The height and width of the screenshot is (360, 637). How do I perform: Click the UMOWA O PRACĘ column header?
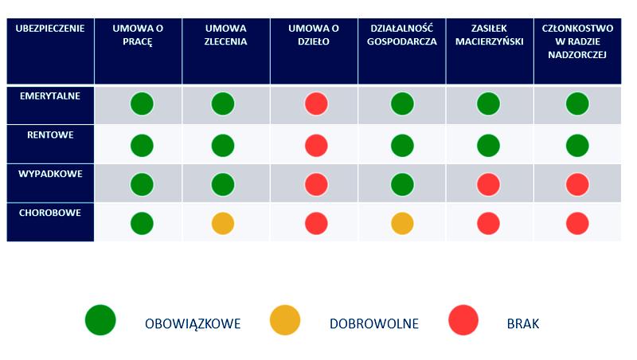click(138, 35)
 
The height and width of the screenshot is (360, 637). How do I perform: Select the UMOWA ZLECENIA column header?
click(225, 35)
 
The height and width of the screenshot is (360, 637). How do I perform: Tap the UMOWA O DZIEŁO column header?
click(315, 35)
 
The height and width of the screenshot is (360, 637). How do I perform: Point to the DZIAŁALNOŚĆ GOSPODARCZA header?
click(402, 35)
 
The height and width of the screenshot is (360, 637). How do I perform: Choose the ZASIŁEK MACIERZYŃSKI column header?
click(489, 35)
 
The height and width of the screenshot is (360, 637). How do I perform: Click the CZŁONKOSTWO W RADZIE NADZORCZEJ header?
click(577, 41)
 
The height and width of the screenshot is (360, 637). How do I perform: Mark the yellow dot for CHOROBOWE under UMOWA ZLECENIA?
click(223, 223)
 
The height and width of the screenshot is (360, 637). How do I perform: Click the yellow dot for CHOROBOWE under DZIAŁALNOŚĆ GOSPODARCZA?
click(402, 223)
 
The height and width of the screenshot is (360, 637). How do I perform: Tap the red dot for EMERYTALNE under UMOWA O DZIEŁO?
click(316, 104)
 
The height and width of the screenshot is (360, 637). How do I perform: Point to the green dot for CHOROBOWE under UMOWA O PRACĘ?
click(142, 223)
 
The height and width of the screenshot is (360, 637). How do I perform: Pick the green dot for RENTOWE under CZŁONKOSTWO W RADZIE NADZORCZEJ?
click(577, 145)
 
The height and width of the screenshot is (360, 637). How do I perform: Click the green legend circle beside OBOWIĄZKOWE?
click(101, 320)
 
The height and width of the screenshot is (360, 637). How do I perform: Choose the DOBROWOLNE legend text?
click(374, 324)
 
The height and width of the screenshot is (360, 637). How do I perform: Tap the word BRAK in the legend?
click(523, 324)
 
